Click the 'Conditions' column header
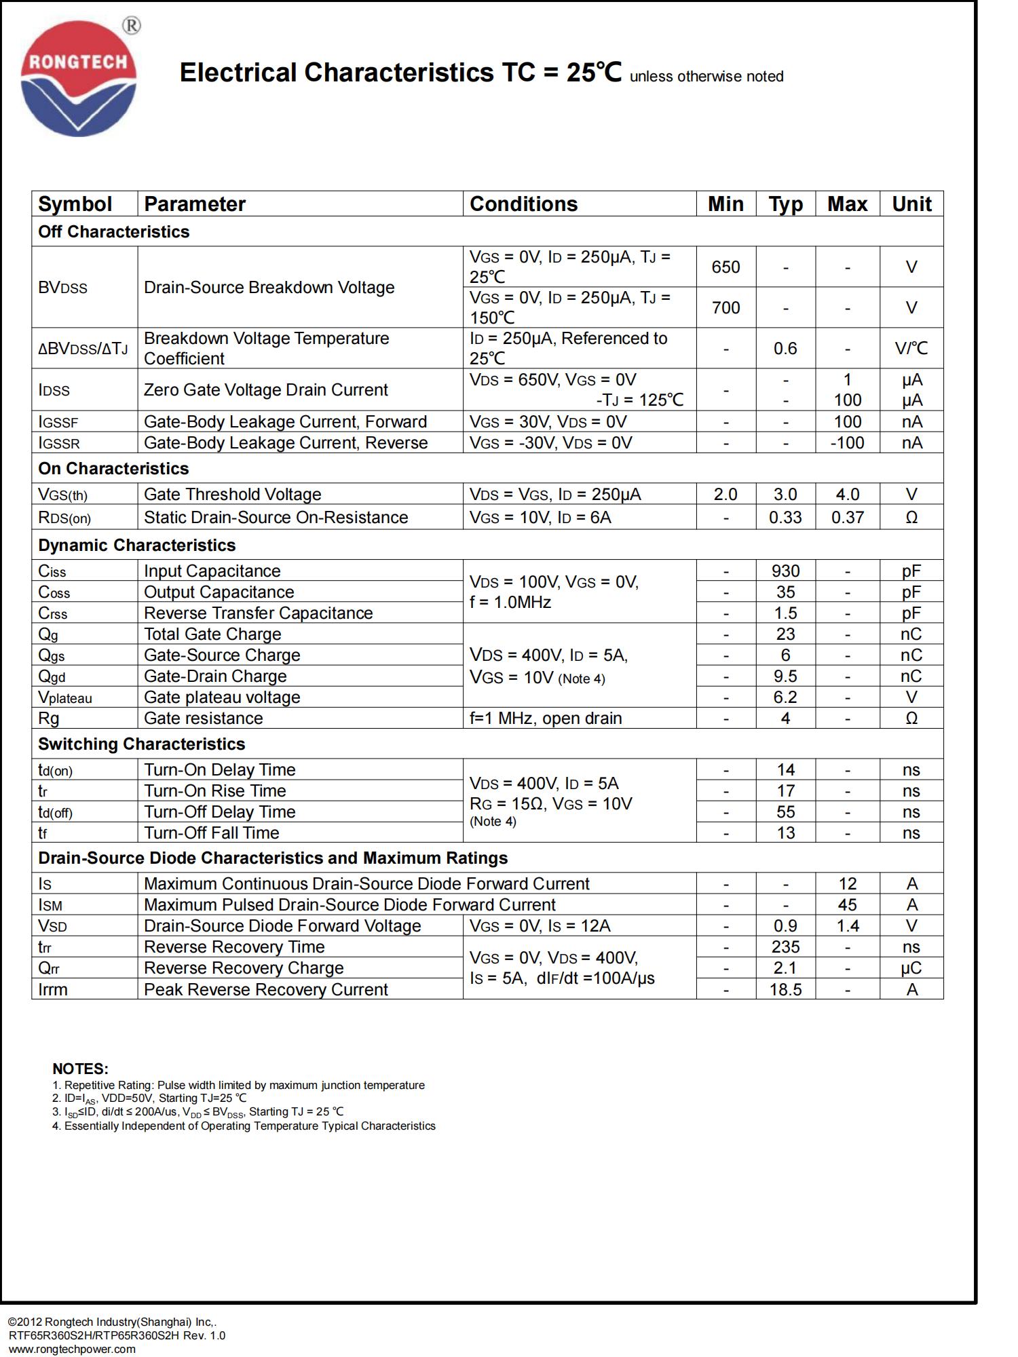tap(523, 204)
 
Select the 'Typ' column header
tap(785, 204)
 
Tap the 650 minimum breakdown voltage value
tap(725, 267)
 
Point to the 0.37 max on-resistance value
tap(847, 518)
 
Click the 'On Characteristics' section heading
tap(113, 469)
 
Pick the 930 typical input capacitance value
tap(785, 571)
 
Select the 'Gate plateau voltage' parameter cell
tap(222, 697)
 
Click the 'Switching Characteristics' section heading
tap(141, 744)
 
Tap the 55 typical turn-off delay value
tap(785, 812)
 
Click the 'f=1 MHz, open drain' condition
tap(546, 719)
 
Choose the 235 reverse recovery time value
tap(785, 947)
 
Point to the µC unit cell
tap(911, 968)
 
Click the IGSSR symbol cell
tap(59, 444)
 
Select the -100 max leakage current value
tap(847, 443)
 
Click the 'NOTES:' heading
tap(80, 1069)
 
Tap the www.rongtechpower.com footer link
tap(72, 1349)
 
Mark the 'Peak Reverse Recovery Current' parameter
tap(265, 990)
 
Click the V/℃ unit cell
tap(911, 349)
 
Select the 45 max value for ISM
tap(847, 905)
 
